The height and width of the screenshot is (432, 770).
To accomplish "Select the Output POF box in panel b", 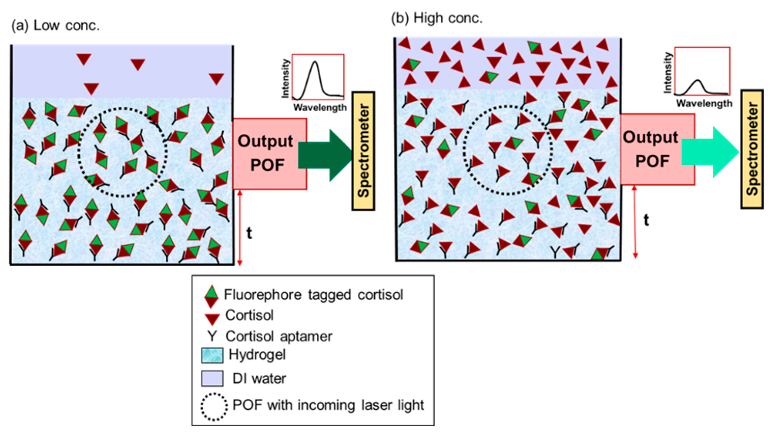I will [657, 149].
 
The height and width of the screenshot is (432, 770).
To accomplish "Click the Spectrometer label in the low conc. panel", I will [363, 151].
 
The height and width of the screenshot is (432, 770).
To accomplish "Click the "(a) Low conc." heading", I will [55, 26].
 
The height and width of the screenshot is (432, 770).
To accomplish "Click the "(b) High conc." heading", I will [437, 19].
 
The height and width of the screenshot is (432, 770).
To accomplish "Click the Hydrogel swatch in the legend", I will [212, 355].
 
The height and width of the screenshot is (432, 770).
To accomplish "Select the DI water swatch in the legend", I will [212, 378].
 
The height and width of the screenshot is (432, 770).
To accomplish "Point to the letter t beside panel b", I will [646, 220].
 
